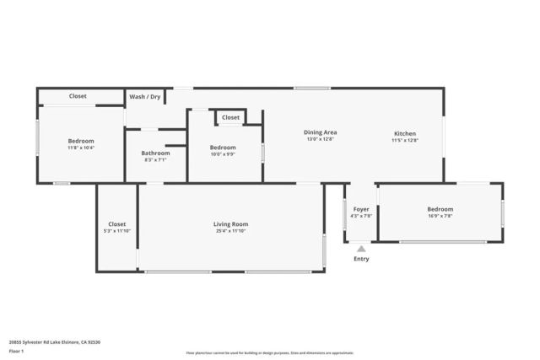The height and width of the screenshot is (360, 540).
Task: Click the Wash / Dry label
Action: click(x=145, y=97)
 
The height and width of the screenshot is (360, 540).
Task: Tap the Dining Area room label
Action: click(x=320, y=132)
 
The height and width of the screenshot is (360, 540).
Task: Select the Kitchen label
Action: click(x=405, y=132)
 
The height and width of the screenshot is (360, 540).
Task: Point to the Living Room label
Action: click(x=230, y=223)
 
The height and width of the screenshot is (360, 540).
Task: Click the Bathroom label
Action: click(x=155, y=153)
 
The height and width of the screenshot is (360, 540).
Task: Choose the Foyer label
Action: click(x=361, y=208)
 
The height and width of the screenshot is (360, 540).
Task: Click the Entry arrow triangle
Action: click(x=361, y=249)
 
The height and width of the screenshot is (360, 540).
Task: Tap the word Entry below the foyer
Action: click(x=361, y=259)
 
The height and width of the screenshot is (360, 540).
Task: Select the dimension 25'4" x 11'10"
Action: click(x=230, y=231)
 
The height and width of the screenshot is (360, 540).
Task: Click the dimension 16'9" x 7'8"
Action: click(x=440, y=216)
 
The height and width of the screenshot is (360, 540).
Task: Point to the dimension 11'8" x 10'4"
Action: click(x=81, y=148)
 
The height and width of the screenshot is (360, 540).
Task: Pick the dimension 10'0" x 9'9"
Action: click(x=224, y=154)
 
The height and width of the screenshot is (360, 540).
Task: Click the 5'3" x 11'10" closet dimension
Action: click(x=116, y=231)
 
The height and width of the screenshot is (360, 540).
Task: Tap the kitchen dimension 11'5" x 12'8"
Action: click(x=405, y=140)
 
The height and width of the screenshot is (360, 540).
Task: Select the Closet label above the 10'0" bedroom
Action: click(x=230, y=117)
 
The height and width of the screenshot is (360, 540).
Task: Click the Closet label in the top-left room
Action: click(x=78, y=96)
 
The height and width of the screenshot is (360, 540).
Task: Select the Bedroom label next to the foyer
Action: click(x=440, y=208)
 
